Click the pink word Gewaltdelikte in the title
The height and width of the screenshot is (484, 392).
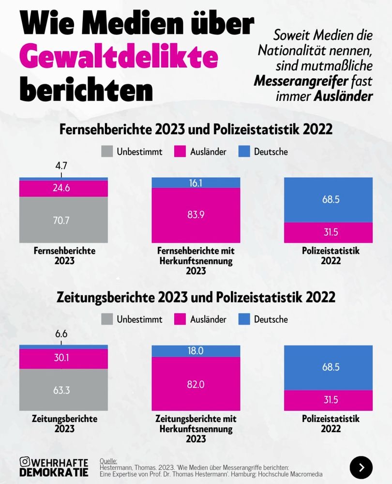pos(118,57)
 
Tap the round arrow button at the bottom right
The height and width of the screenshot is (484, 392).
pos(361,468)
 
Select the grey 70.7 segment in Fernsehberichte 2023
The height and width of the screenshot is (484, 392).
pos(63,220)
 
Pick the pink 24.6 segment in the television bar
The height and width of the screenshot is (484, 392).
pos(63,188)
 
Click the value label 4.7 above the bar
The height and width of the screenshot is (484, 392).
pos(61,166)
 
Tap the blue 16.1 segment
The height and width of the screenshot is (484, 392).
pos(196,182)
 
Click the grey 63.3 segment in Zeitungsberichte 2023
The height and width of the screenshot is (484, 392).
pos(63,390)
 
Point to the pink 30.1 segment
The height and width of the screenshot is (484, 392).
pos(63,359)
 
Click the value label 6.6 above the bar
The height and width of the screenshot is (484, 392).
pos(61,334)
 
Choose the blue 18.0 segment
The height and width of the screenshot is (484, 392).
pos(196,351)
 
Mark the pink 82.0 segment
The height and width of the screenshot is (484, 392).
pos(196,384)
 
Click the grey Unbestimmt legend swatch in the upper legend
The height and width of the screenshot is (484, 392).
pos(107,151)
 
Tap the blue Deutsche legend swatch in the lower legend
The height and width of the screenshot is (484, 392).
pos(244,319)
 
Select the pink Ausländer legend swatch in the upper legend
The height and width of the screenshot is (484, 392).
pos(180,151)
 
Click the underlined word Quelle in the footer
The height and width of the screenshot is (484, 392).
pos(108,461)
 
